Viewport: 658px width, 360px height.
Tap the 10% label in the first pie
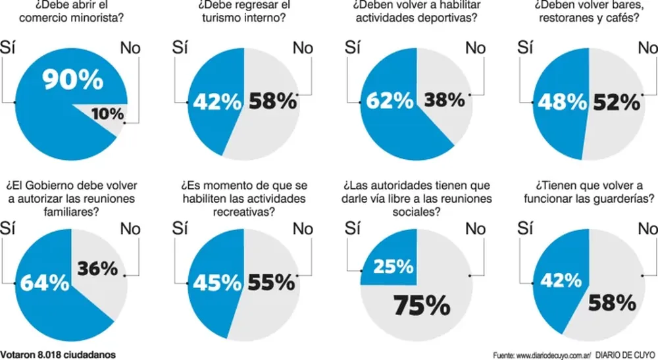(x=107, y=114)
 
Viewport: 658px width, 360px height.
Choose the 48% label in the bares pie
(x=561, y=102)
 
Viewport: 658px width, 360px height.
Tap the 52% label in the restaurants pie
(x=617, y=102)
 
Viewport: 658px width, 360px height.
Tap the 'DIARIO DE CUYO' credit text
(x=621, y=354)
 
